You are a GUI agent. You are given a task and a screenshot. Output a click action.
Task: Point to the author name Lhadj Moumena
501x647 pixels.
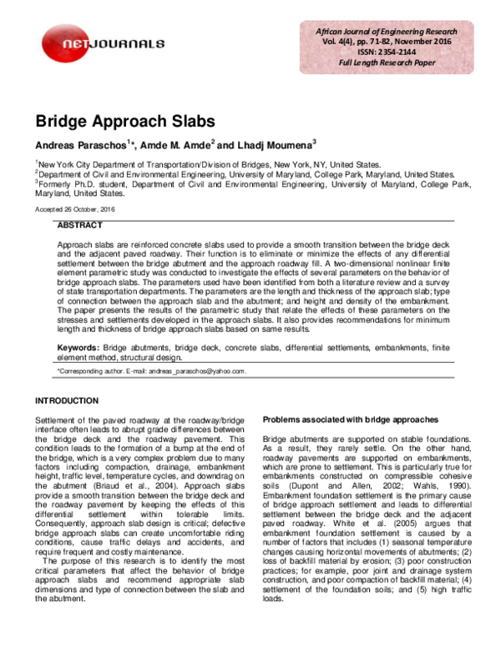point(271,145)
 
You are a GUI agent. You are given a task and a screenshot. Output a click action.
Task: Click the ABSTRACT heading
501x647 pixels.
point(79,226)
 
